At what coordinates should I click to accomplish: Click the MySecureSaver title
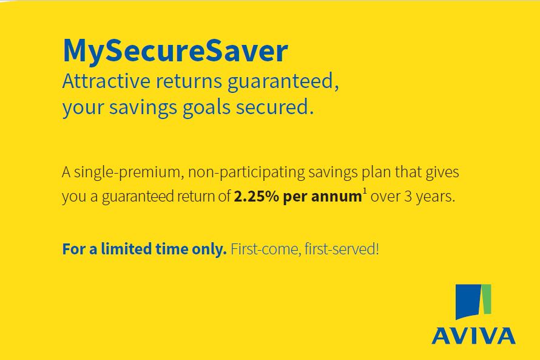[x=175, y=52]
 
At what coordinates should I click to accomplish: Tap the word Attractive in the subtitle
[x=106, y=81]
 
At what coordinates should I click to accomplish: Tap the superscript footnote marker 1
[x=365, y=192]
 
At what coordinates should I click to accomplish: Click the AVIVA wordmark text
[x=473, y=336]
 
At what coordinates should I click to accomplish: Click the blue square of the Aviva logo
[x=469, y=301]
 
